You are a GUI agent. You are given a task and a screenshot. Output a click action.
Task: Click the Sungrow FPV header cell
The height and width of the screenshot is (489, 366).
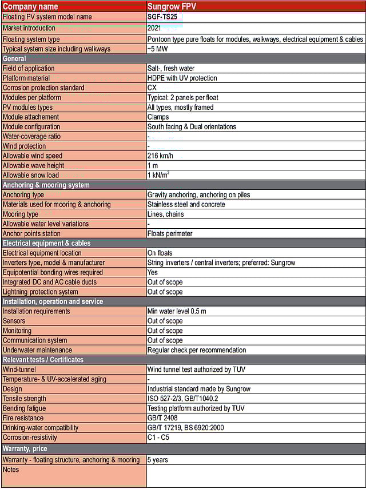coord(171,6)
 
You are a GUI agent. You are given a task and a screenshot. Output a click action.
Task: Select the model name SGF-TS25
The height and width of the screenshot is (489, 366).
coord(165,17)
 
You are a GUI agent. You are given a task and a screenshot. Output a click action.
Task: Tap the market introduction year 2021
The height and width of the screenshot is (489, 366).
coord(154,28)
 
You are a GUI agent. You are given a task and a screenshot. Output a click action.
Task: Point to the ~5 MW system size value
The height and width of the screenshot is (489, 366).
coord(157,49)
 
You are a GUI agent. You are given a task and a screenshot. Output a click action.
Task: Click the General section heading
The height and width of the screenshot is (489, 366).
coord(14,59)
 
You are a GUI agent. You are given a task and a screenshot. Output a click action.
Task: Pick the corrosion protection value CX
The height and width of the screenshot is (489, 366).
coord(152,88)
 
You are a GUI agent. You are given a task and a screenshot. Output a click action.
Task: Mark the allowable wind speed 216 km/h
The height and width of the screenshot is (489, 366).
coord(161,156)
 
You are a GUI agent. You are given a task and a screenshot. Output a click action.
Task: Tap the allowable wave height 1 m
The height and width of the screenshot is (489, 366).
coord(153,166)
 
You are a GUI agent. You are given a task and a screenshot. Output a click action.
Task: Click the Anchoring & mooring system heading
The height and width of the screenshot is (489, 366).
coord(46,185)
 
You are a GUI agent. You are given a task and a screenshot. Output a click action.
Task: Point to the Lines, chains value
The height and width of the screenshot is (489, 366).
coord(165,214)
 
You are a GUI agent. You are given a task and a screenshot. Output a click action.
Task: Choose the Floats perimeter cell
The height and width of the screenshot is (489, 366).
coord(170,234)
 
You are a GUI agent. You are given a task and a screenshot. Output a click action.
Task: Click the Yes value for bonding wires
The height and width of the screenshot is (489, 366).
coord(153,273)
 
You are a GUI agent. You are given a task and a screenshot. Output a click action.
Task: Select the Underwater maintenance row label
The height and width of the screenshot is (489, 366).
coord(37,351)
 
